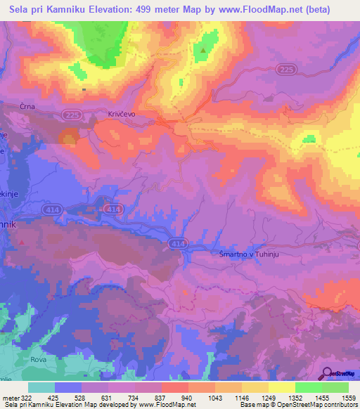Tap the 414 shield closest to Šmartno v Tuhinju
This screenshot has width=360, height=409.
tap(177, 243)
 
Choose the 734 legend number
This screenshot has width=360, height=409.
tap(121, 398)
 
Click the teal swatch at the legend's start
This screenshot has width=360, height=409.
tap(41, 387)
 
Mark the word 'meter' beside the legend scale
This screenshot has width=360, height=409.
tap(9, 398)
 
